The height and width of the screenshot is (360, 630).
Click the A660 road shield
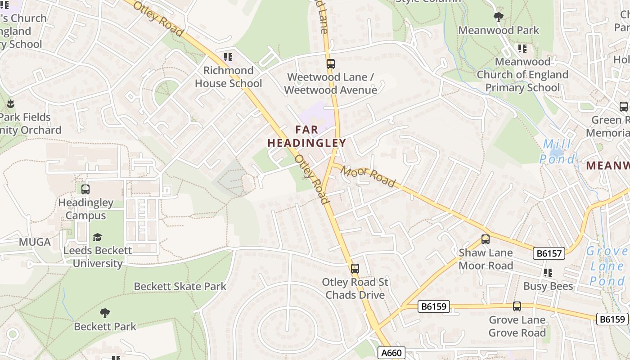pyautogui.click(x=391, y=353)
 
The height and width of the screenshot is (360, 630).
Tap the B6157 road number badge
pyautogui.click(x=549, y=253)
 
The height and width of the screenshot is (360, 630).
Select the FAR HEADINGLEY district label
pyautogui.click(x=307, y=136)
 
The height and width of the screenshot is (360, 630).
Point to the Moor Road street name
pyautogui.click(x=368, y=176)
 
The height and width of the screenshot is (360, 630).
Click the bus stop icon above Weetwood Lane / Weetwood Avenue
pyautogui.click(x=331, y=64)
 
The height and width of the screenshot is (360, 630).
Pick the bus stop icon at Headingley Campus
pyautogui.click(x=85, y=189)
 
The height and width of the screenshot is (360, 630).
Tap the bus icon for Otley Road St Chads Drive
pyautogui.click(x=355, y=269)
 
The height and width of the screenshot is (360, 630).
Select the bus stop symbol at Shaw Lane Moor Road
pyautogui.click(x=486, y=239)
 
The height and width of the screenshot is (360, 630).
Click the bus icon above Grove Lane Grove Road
pyautogui.click(x=517, y=306)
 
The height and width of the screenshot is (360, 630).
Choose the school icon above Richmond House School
pyautogui.click(x=228, y=57)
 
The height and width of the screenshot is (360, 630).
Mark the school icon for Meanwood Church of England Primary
pyautogui.click(x=522, y=48)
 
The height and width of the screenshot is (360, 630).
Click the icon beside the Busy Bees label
pyautogui.click(x=548, y=273)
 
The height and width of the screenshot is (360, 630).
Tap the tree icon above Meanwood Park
pyautogui.click(x=498, y=17)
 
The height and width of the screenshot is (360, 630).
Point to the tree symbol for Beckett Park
pyautogui.click(x=105, y=313)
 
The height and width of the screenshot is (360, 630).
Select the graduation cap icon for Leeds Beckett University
pyautogui.click(x=98, y=237)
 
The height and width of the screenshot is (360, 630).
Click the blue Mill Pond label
pyautogui.click(x=557, y=152)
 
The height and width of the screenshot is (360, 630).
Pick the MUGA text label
pyautogui.click(x=35, y=242)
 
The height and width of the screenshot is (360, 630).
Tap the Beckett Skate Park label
pyautogui.click(x=180, y=286)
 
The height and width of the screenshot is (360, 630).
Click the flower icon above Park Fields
pyautogui.click(x=10, y=104)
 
